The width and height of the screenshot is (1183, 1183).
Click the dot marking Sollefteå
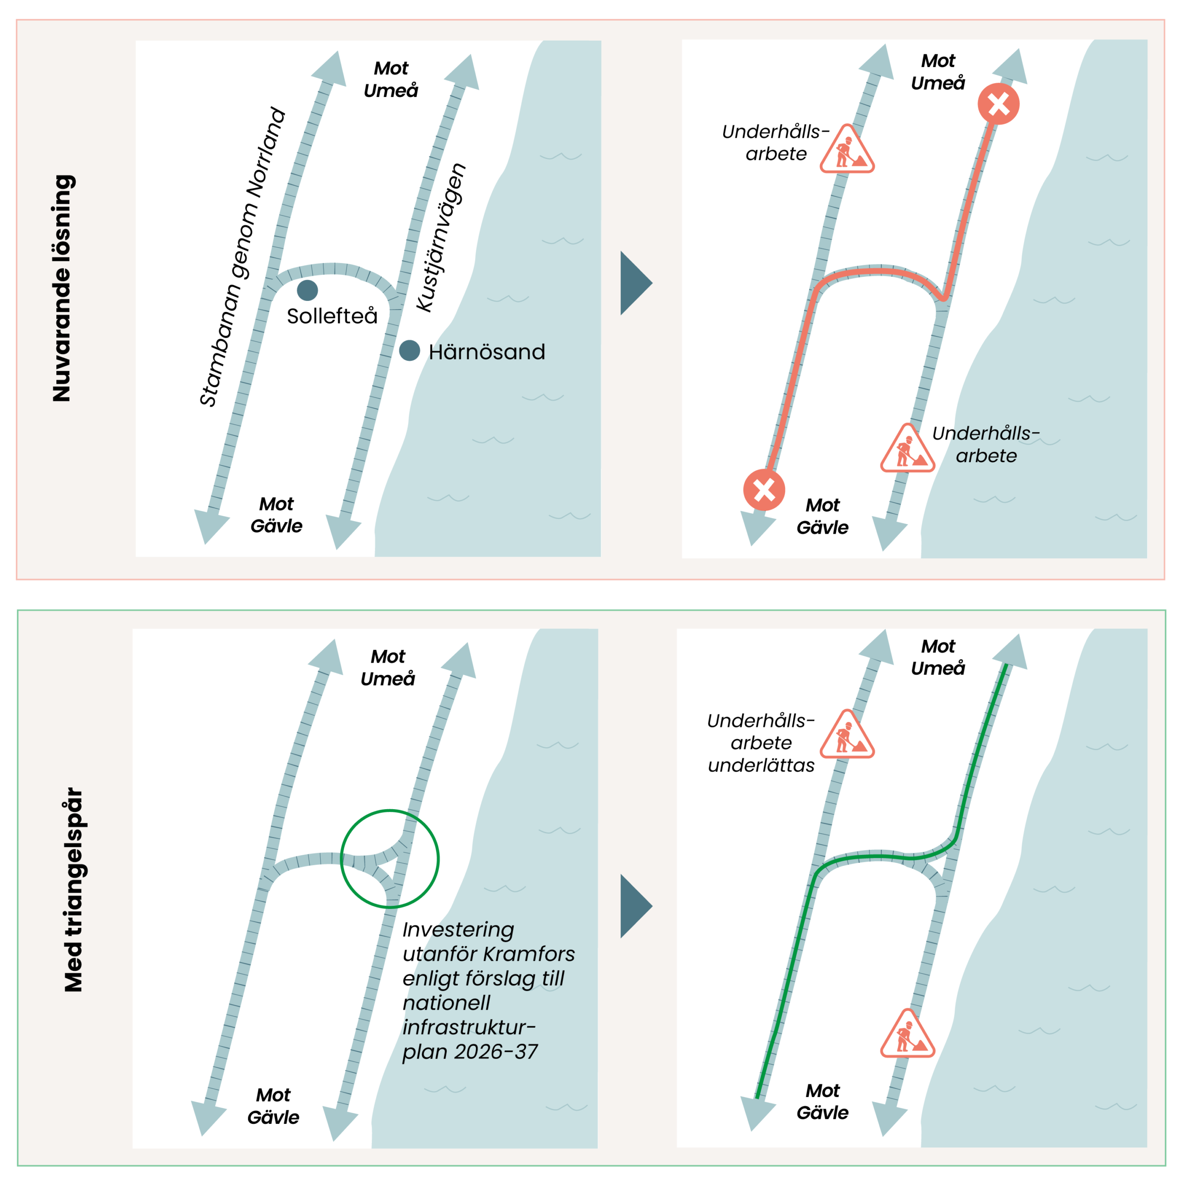click(x=307, y=290)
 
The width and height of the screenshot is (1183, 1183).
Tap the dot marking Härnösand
click(x=409, y=351)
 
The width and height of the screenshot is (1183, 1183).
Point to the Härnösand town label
click(x=487, y=352)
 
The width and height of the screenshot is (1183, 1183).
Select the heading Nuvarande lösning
click(x=62, y=288)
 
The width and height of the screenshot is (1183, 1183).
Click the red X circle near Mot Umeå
click(x=998, y=104)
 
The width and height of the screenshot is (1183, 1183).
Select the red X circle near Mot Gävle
click(x=764, y=490)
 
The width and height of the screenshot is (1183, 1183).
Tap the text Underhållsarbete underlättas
click(x=761, y=743)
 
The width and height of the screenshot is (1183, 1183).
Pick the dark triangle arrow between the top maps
click(x=634, y=283)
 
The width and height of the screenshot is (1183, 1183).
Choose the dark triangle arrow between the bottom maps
click(x=634, y=906)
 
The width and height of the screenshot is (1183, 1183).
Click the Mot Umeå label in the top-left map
click(x=390, y=79)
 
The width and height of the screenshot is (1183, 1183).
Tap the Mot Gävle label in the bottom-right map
click(x=823, y=1102)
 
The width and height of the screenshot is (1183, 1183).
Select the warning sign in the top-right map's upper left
click(x=847, y=151)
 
